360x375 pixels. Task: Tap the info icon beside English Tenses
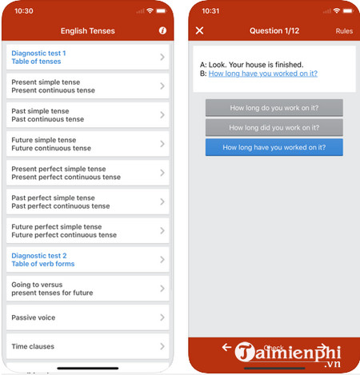[x=162, y=30]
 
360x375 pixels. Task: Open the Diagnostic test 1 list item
[x=88, y=57]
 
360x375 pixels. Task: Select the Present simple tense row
[x=88, y=86]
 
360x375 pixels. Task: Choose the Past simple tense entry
[x=88, y=115]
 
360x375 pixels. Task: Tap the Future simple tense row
[x=88, y=144]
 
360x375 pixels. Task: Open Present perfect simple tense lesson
[x=88, y=173]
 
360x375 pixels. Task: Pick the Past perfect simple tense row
[x=88, y=201]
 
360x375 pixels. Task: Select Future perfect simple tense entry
[x=88, y=230]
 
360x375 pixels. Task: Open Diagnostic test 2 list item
[x=88, y=260]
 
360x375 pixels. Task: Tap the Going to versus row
[x=88, y=289]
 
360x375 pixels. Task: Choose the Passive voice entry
[x=88, y=317]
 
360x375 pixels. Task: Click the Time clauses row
[x=88, y=346]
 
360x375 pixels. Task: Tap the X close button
[x=199, y=30]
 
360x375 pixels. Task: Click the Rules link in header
[x=344, y=31]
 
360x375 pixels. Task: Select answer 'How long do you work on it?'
[x=274, y=108]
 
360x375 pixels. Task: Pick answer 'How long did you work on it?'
[x=274, y=127]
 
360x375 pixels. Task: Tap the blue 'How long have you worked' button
[x=274, y=147]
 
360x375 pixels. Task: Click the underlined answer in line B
[x=263, y=74]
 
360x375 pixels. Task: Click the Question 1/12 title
[x=274, y=31]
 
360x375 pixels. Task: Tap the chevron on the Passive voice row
[x=162, y=317]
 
